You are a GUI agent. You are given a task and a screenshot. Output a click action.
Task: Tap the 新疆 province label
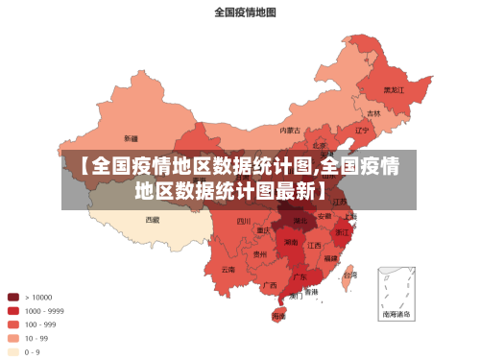pos(131,138)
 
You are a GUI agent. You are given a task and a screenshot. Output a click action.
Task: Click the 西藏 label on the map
pos(153,219)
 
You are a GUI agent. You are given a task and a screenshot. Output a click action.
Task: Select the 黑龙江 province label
pos(394,90)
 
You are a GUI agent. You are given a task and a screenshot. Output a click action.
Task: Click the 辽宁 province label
pos(362,130)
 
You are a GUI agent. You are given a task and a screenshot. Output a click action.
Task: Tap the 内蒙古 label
pos(290,130)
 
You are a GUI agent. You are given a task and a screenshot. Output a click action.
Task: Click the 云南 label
pos(228,270)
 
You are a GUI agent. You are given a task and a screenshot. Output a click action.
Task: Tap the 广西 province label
pos(270,285)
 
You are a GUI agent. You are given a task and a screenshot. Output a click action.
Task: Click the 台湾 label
pos(350,276)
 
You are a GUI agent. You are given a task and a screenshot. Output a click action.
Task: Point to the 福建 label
pos(330,258)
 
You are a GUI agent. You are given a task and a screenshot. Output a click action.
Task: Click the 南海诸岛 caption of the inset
pos(396,314)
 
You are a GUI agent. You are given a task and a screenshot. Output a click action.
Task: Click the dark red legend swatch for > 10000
pos(13,297)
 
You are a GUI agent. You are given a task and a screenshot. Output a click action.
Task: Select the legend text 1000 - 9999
pos(44,311)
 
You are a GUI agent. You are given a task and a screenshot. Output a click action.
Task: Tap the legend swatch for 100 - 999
pos(13,324)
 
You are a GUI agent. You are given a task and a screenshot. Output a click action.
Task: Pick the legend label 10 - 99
pos(36,338)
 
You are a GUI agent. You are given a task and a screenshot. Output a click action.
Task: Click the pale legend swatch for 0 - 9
pos(13,352)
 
